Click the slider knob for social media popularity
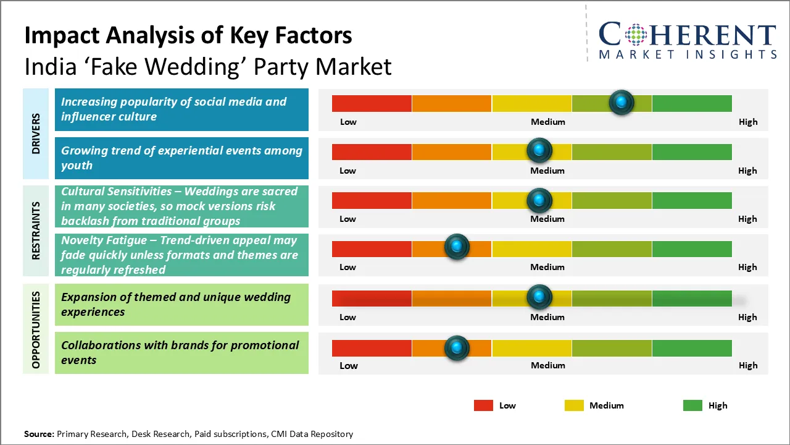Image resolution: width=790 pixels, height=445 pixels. coord(622,102)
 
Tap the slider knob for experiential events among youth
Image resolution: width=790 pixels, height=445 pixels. coord(539,150)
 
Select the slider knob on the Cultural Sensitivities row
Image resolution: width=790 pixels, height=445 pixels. coord(539,200)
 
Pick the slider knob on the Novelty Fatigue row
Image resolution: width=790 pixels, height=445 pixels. coord(457,247)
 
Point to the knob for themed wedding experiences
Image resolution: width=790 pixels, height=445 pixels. coord(539,297)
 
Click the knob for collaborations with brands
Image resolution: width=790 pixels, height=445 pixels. coord(457,348)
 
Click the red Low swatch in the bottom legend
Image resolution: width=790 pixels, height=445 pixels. coord(483,405)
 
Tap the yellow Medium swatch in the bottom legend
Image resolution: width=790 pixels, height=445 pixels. coord(574,405)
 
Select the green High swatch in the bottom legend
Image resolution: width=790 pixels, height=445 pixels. coord(692,405)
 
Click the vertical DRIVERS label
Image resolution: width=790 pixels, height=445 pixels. coord(36,133)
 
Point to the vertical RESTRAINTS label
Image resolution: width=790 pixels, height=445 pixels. coord(36,230)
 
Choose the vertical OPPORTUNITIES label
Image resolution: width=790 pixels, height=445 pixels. coord(36,329)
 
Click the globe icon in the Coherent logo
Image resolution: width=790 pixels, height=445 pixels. coord(635,35)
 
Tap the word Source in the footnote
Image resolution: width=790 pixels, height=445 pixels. coord(38,434)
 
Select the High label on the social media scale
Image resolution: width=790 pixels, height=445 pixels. coord(748,122)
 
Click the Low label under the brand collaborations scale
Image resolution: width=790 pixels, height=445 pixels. coord(349,365)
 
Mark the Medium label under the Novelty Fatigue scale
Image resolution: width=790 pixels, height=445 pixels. coord(547,267)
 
